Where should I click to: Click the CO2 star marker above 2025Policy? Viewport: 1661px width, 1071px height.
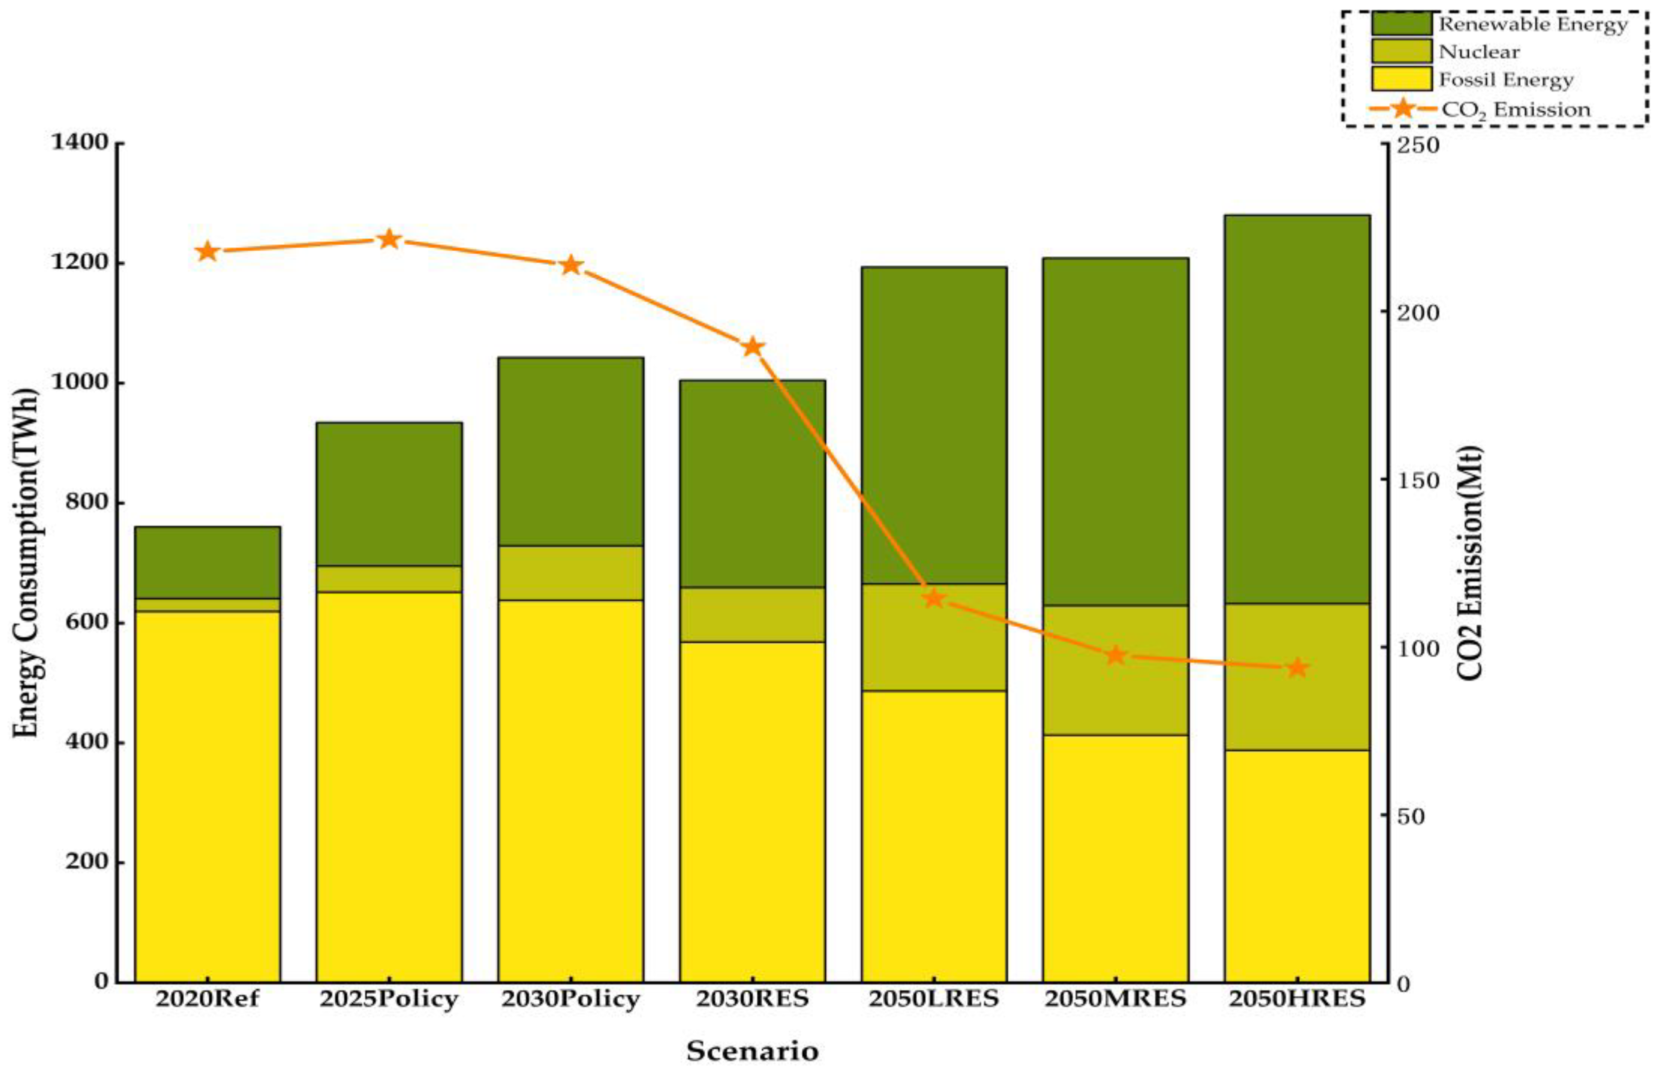tap(389, 240)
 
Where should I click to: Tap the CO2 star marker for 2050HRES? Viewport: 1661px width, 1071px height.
tap(1297, 668)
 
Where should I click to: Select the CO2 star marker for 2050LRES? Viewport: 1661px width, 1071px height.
tap(934, 598)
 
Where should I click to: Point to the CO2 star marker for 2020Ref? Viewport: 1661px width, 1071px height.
tap(207, 252)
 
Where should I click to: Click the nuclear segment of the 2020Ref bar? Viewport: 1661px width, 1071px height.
tap(207, 605)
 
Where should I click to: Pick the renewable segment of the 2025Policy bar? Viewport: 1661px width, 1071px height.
tap(389, 494)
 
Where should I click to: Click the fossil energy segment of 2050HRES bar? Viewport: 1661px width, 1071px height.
tap(1297, 866)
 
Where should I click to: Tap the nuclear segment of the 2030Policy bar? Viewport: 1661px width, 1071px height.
tap(570, 573)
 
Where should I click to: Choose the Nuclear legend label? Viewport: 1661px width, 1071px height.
tap(1479, 52)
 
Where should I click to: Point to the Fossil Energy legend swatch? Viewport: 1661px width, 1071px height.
tap(1401, 79)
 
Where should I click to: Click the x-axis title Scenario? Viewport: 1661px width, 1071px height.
tap(752, 1050)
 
